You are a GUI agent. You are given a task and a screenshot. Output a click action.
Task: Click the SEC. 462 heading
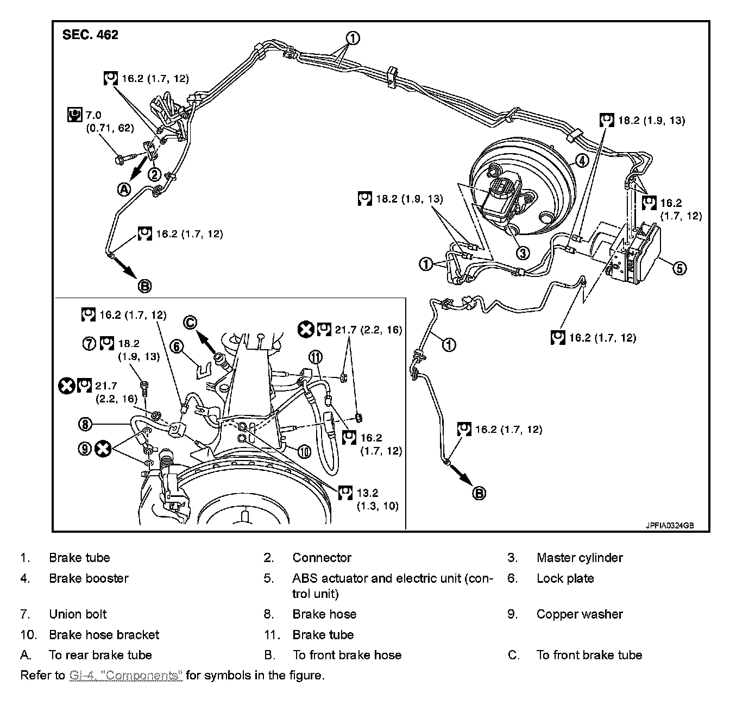pyautogui.click(x=90, y=35)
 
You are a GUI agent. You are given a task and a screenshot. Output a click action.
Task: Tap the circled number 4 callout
pyautogui.click(x=581, y=160)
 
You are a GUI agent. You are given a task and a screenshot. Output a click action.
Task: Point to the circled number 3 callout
pyautogui.click(x=523, y=253)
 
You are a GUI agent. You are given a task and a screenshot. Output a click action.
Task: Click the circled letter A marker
pyautogui.click(x=124, y=189)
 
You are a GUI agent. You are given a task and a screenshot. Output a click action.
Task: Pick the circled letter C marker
pyautogui.click(x=190, y=322)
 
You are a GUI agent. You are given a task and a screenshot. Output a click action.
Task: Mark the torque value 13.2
pyautogui.click(x=367, y=493)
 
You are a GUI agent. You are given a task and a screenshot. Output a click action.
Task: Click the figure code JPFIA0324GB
pyautogui.click(x=670, y=526)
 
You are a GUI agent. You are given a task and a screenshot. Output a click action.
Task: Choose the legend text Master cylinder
pyautogui.click(x=579, y=558)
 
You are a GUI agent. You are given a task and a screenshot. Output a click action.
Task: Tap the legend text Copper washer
pyautogui.click(x=579, y=614)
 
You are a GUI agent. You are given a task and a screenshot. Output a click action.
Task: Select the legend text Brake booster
pyautogui.click(x=89, y=578)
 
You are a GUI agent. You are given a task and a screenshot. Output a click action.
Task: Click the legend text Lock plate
pyautogui.click(x=565, y=578)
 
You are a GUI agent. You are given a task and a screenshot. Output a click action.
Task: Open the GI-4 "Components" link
pyautogui.click(x=126, y=676)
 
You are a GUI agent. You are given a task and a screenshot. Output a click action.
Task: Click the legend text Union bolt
pyautogui.click(x=78, y=614)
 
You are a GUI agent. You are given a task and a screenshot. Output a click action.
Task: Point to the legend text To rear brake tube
pyautogui.click(x=100, y=655)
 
